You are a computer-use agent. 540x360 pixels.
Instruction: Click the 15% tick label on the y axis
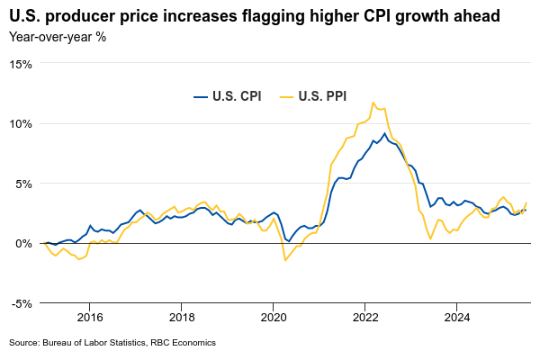pos(21,64)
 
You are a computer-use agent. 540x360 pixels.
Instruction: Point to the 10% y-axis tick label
pos(21,123)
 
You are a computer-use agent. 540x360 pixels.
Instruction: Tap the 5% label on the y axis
pos(23,184)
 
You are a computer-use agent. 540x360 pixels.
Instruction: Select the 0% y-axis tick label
pos(23,243)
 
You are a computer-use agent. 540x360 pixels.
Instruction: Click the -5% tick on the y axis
pos(22,303)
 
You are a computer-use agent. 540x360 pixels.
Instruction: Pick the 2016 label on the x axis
pos(90,317)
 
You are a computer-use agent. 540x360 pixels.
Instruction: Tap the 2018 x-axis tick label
pos(182,317)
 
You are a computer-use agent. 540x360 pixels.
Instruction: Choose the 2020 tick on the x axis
pos(274,317)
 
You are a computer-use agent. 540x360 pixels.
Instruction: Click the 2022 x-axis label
pos(365,317)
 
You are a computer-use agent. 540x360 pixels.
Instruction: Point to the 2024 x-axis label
pos(457,317)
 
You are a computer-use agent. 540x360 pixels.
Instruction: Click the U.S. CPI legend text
pos(237,96)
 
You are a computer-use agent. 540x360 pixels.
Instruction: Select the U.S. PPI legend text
pos(322,96)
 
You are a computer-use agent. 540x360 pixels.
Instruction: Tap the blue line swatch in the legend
pos(200,96)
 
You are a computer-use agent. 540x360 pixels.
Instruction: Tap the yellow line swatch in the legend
pos(287,96)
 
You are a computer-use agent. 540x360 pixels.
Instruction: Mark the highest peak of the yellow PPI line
pos(373,103)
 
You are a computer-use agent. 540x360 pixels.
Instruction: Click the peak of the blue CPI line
pos(384,133)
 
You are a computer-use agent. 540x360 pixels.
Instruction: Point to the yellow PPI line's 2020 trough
pos(285,260)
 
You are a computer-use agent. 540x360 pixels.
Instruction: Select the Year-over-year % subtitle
pos(58,37)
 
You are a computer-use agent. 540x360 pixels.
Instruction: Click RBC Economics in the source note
pos(184,342)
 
